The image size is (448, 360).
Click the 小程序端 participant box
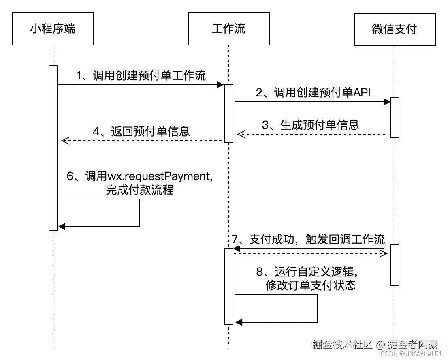point(53,29)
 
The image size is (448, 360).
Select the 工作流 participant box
point(228,29)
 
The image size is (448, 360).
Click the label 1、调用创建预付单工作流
point(141,75)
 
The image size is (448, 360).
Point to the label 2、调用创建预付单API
point(313,92)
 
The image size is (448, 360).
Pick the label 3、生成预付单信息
point(310,124)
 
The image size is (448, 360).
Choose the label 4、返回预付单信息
point(141,132)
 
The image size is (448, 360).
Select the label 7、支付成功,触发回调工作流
point(308,239)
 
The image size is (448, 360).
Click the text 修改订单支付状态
point(311,285)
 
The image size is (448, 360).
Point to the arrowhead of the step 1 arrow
point(221,85)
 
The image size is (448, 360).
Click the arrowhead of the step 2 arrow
point(387,102)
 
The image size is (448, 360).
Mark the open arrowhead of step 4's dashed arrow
point(64,141)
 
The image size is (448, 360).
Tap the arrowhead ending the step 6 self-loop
point(62,227)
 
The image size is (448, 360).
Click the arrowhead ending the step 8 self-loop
point(239,322)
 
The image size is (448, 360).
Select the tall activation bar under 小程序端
point(53,148)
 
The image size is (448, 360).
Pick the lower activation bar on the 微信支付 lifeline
point(395,265)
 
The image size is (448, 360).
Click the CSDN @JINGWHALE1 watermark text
point(412,354)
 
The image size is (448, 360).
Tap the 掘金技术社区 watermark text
point(342,344)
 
